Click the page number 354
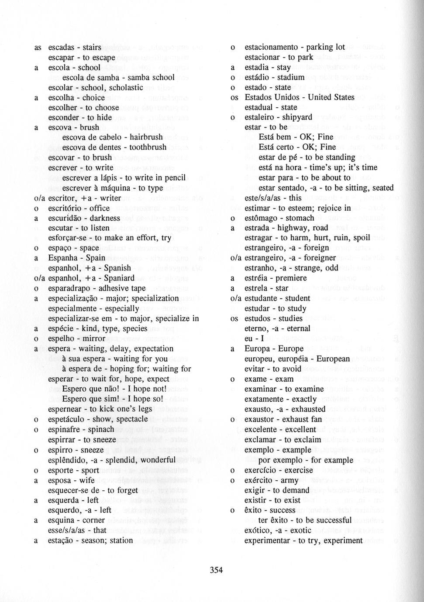pos(216,570)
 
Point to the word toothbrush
pos(145,147)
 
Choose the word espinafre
pos(65,429)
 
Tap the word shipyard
pos(297,117)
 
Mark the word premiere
pos(292,278)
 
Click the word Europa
pos(256,349)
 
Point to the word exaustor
pos(259,419)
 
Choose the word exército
pos(259,480)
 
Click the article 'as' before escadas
pos(38,47)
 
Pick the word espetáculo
pos(68,419)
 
